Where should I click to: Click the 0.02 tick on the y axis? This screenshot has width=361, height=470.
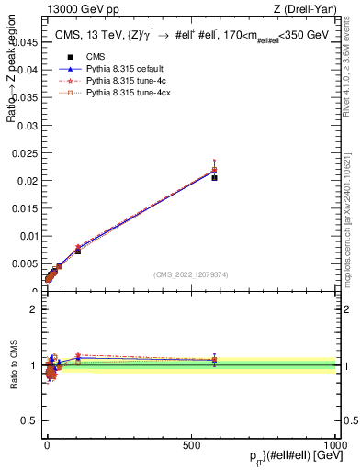[x=29, y=181]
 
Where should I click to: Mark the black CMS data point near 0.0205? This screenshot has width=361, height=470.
[x=214, y=177]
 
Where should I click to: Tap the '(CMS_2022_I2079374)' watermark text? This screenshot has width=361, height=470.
[x=191, y=274]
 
